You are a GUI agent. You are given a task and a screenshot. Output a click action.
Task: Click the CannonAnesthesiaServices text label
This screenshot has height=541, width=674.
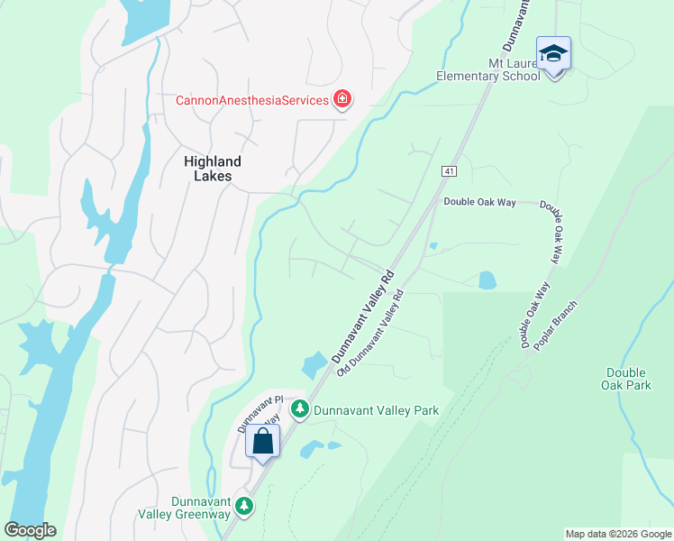[251, 100]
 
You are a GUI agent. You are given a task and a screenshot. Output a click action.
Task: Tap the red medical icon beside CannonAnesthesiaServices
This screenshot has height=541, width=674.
[342, 99]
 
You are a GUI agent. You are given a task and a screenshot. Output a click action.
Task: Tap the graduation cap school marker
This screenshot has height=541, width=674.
[553, 54]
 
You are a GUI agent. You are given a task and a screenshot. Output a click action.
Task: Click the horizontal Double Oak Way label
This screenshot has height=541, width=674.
[479, 202]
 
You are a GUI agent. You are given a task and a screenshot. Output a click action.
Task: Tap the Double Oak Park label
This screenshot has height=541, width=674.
[627, 379]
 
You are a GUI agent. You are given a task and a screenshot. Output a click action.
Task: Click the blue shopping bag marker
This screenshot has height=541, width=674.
[263, 442]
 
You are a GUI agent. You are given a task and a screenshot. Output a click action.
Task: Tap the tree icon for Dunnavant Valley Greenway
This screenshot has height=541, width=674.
[243, 507]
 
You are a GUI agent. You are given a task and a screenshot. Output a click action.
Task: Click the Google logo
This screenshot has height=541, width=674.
[30, 530]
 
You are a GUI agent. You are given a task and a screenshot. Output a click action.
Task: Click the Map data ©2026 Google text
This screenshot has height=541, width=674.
[618, 534]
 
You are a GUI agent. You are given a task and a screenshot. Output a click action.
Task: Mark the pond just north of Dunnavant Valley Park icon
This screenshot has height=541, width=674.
[315, 364]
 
